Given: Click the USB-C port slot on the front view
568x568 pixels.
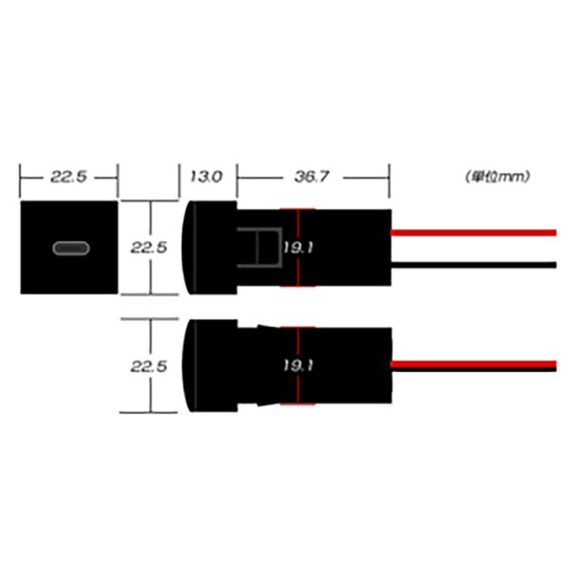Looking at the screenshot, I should pyautogui.click(x=70, y=249).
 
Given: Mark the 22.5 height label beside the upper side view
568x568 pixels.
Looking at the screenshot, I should pyautogui.click(x=149, y=248).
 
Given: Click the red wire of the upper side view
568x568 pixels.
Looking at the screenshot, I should pyautogui.click(x=473, y=232).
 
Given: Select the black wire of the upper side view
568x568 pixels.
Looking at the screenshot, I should pyautogui.click(x=473, y=264).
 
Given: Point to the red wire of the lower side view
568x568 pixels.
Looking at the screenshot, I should pyautogui.click(x=473, y=364).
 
